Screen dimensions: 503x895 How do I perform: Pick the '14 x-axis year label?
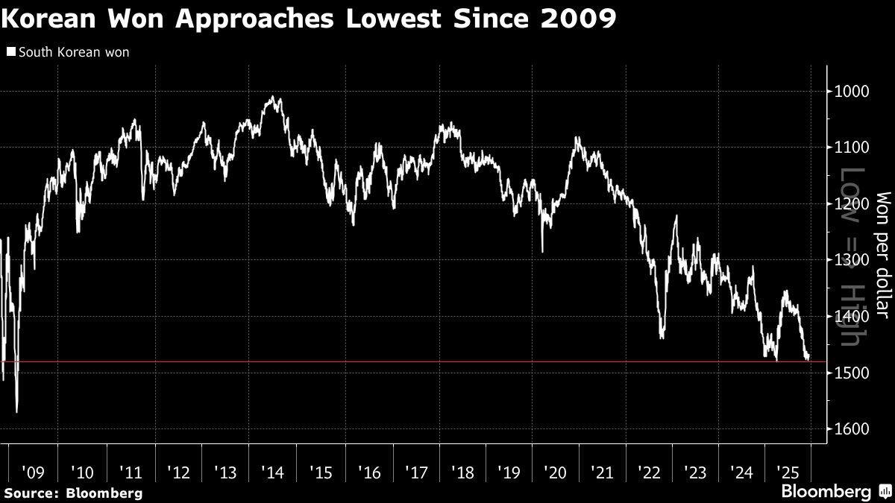271,472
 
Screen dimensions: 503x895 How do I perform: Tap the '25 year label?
788,472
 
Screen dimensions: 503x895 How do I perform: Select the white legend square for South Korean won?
10,52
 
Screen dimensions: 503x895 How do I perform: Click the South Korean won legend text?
73,52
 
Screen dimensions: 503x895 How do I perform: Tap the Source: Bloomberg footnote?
72,493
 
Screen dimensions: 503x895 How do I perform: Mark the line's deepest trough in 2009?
16,411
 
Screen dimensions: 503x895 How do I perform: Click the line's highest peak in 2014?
273,97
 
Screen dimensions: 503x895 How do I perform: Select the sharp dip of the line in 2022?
662,337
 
